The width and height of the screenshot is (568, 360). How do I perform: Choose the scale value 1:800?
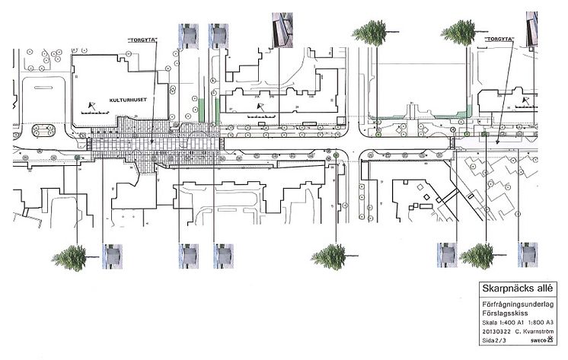[536, 322]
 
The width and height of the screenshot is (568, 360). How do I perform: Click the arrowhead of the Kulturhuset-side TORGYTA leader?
[152, 144]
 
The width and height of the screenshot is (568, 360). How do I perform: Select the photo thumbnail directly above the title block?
[527, 253]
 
